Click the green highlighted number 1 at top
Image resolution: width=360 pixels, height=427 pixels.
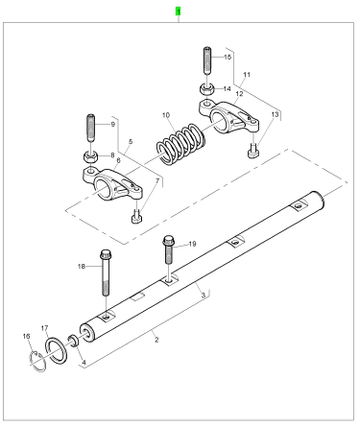[x=179, y=12]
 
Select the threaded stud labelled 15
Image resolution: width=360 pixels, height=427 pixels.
[x=207, y=61]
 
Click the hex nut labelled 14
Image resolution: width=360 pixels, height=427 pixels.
[x=207, y=88]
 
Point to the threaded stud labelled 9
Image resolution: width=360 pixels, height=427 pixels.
[x=91, y=128]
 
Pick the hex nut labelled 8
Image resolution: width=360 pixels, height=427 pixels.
[x=91, y=156]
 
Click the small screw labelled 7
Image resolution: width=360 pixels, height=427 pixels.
[x=136, y=217]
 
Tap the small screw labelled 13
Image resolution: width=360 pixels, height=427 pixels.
[x=253, y=151]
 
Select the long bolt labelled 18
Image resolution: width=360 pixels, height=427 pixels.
[x=106, y=273]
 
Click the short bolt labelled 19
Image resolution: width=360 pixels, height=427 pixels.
[x=169, y=249]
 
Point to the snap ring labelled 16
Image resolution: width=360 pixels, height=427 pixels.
[x=37, y=361]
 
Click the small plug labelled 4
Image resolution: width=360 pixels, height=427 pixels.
[x=73, y=341]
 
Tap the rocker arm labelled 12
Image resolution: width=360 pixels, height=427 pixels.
[x=228, y=117]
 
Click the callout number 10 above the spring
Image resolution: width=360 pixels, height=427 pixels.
[x=166, y=115]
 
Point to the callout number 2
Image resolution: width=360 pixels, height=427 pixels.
[x=156, y=340]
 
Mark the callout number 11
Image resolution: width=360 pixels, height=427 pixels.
[x=247, y=75]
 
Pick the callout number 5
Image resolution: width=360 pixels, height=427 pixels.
[x=131, y=141]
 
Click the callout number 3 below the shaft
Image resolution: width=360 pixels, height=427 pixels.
[x=203, y=295]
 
